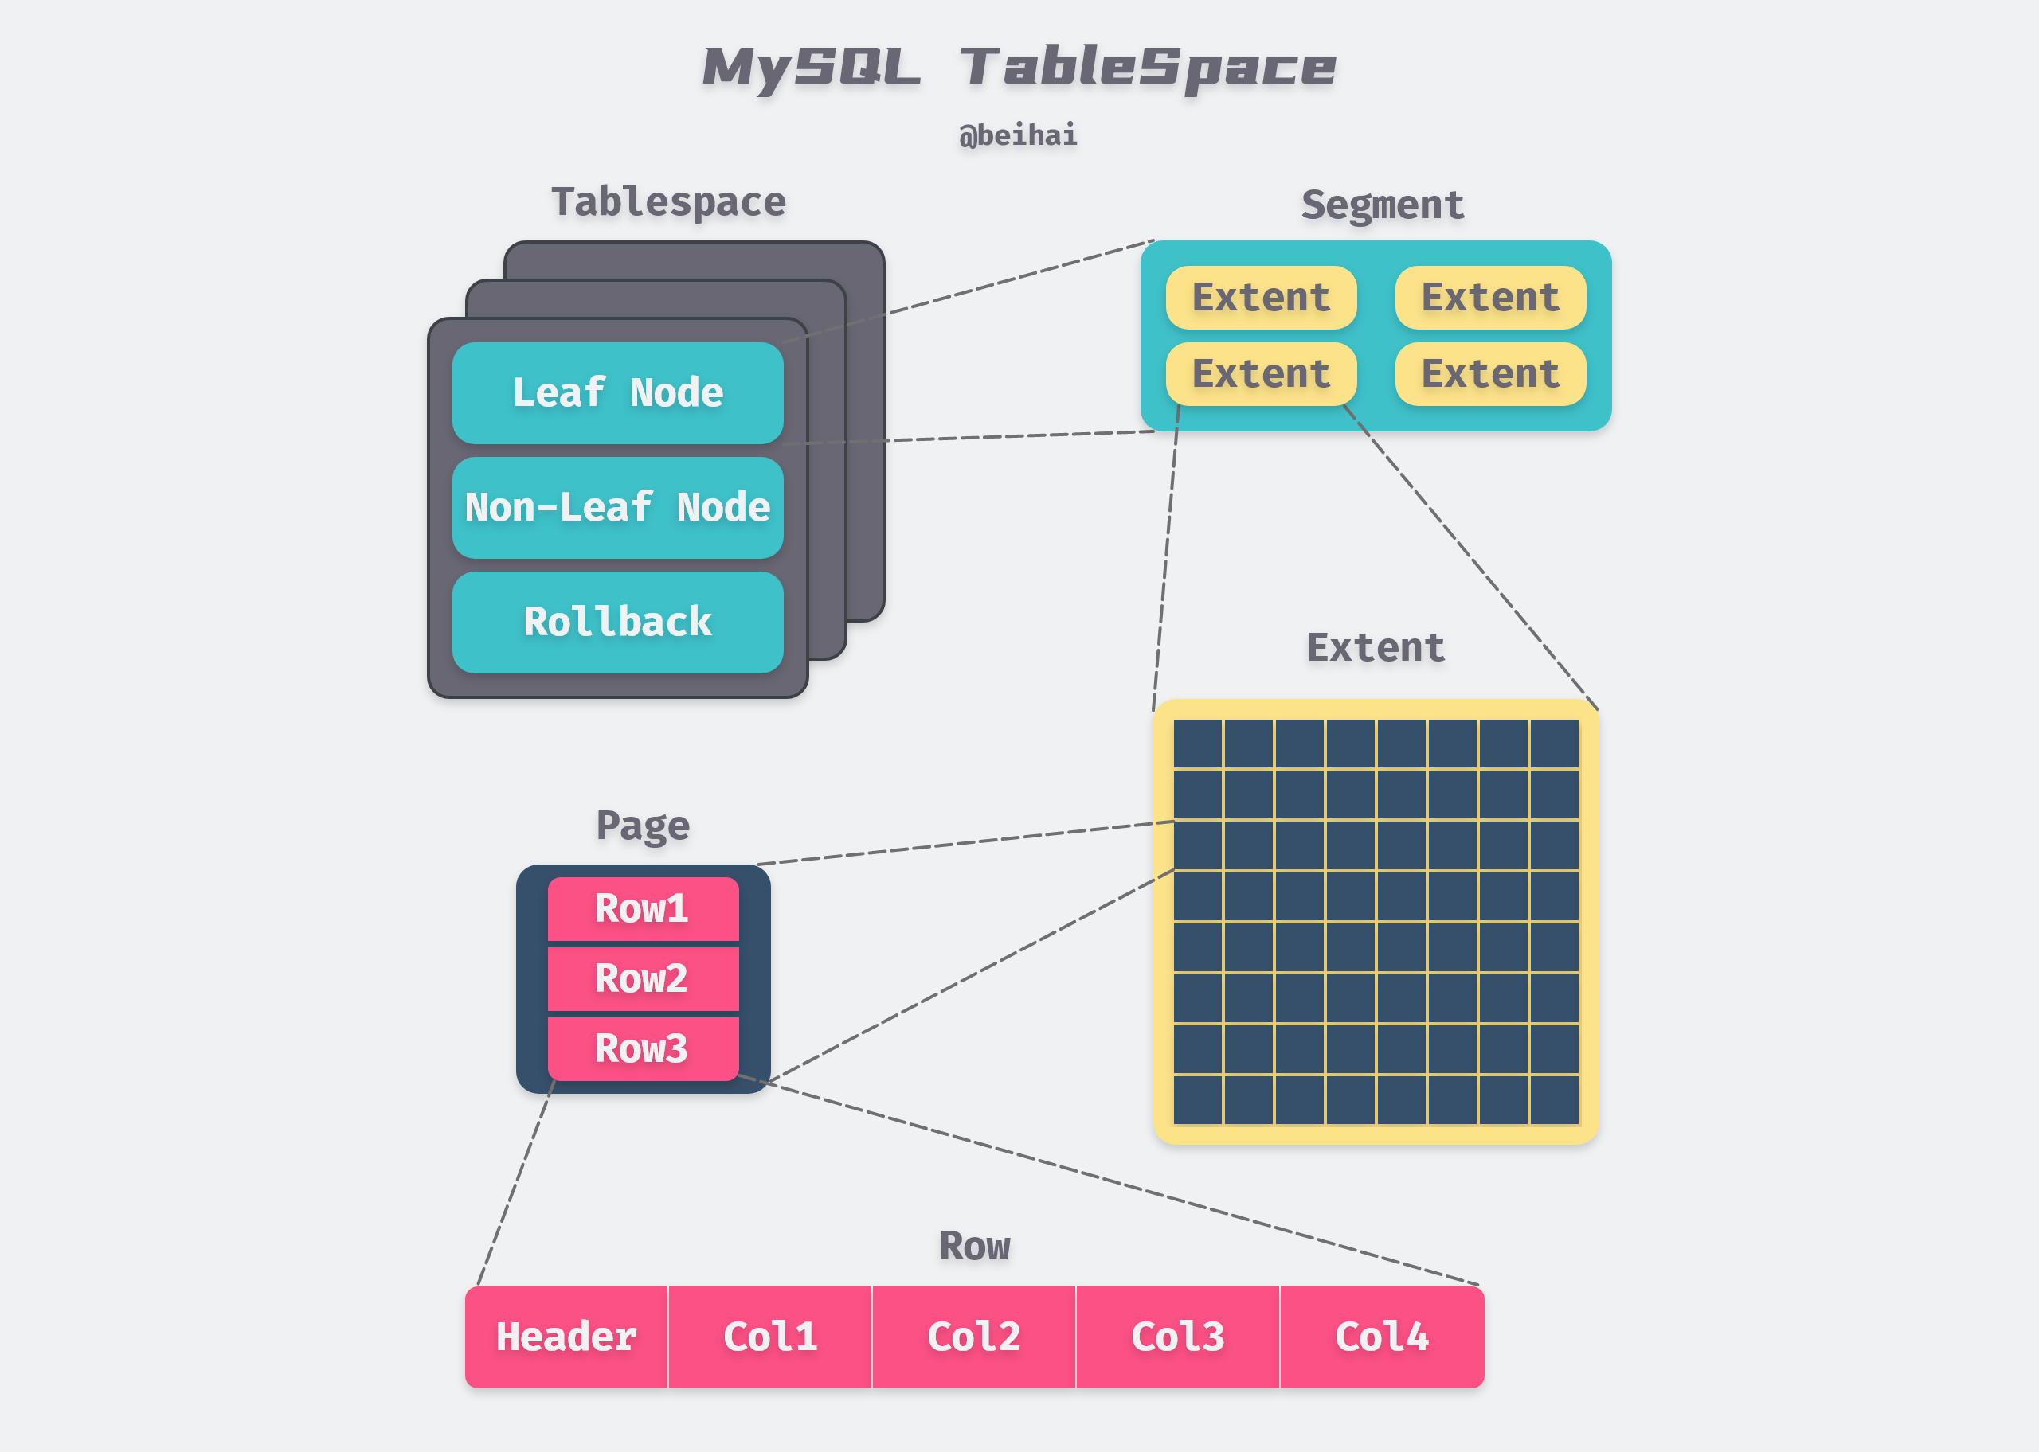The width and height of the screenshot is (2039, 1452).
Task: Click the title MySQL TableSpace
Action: pos(1019,68)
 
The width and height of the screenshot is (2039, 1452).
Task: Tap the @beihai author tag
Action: pos(1018,135)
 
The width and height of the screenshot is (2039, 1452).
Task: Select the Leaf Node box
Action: pos(617,393)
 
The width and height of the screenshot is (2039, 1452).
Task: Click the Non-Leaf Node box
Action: pos(617,508)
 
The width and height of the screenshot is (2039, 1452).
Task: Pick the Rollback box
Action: pos(617,623)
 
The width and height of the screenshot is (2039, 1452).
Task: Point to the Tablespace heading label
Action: pos(668,202)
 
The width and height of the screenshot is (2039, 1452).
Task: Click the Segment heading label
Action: pos(1383,205)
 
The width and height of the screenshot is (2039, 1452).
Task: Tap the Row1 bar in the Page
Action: pos(642,908)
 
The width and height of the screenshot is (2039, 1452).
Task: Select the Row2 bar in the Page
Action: pos(642,978)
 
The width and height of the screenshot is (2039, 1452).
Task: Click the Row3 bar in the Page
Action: pos(642,1048)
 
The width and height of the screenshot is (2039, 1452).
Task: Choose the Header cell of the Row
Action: pos(566,1337)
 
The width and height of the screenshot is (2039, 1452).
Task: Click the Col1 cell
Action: pos(770,1337)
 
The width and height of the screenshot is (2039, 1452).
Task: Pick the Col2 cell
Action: pos(974,1337)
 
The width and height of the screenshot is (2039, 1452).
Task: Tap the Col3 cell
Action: pos(1178,1337)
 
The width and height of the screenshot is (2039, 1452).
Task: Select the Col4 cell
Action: pos(1382,1337)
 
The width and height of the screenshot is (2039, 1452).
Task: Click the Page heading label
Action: pos(642,826)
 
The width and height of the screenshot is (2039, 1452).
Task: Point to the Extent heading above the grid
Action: pos(1376,647)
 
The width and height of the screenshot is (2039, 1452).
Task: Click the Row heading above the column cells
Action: pos(974,1246)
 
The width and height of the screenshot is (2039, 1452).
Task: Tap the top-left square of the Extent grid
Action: pos(1197,743)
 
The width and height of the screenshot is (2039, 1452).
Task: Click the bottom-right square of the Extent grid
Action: pos(1554,1099)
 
